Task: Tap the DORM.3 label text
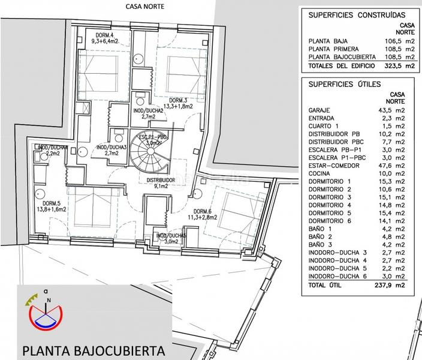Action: coord(179,100)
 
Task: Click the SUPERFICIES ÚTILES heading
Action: coord(344,85)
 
